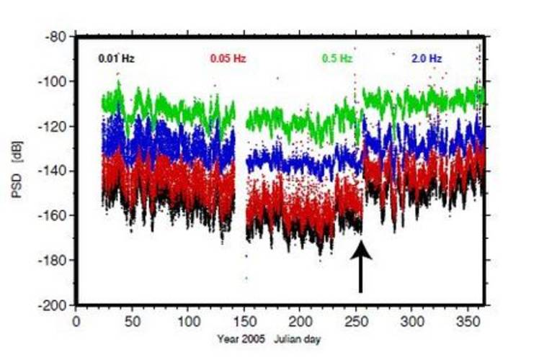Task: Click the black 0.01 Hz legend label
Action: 116,58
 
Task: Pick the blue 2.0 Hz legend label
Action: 427,58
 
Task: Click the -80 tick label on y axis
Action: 55,37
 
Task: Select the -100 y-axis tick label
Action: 53,81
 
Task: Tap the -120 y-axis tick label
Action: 53,126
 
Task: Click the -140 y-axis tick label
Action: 53,171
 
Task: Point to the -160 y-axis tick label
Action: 53,215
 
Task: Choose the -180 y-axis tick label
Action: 53,260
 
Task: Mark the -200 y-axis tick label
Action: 53,305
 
